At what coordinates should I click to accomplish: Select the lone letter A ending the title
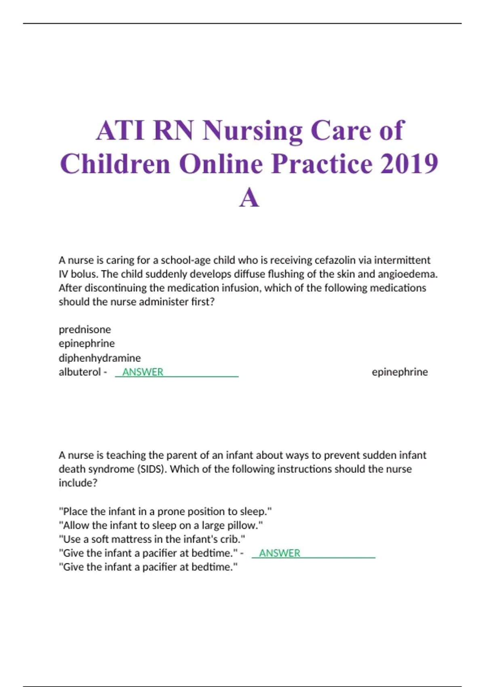pos(249,198)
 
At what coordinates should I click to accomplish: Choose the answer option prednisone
pos(85,329)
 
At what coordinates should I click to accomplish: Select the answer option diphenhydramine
pos(100,358)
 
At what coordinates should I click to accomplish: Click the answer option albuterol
pos(80,372)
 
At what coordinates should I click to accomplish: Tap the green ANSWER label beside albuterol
pos(143,372)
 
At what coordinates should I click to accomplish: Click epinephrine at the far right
pos(400,372)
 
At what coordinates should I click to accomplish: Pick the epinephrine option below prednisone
pos(86,343)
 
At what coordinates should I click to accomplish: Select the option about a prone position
pos(165,511)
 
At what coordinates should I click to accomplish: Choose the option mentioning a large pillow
pos(160,525)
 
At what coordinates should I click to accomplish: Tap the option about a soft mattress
pos(152,539)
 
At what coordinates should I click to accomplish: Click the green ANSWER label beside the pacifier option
pos(280,553)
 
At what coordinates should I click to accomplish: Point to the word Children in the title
pos(115,164)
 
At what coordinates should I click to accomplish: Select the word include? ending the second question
pos(78,483)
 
